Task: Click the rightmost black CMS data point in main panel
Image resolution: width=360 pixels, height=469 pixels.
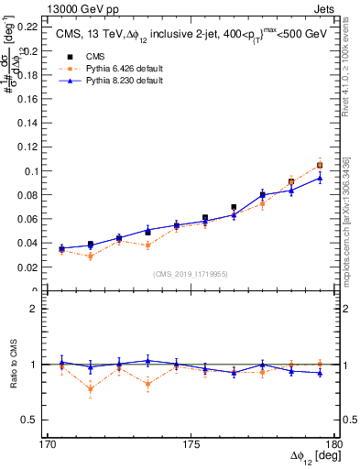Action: coord(320,165)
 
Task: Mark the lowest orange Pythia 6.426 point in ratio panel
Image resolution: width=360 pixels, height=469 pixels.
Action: coord(90,389)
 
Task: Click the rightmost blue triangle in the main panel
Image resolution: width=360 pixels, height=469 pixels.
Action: coord(320,178)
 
